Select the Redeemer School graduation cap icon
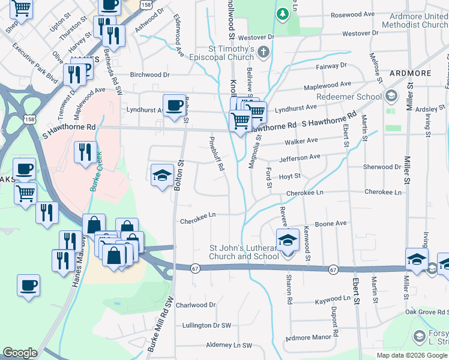pos(391,96)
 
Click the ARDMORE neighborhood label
pos(410,73)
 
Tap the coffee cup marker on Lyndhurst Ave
pos(174,106)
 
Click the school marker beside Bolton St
pos(161,175)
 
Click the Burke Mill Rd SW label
pos(158,326)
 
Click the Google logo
pos(20,353)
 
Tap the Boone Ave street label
pos(331,223)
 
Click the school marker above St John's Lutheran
pos(288,241)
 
